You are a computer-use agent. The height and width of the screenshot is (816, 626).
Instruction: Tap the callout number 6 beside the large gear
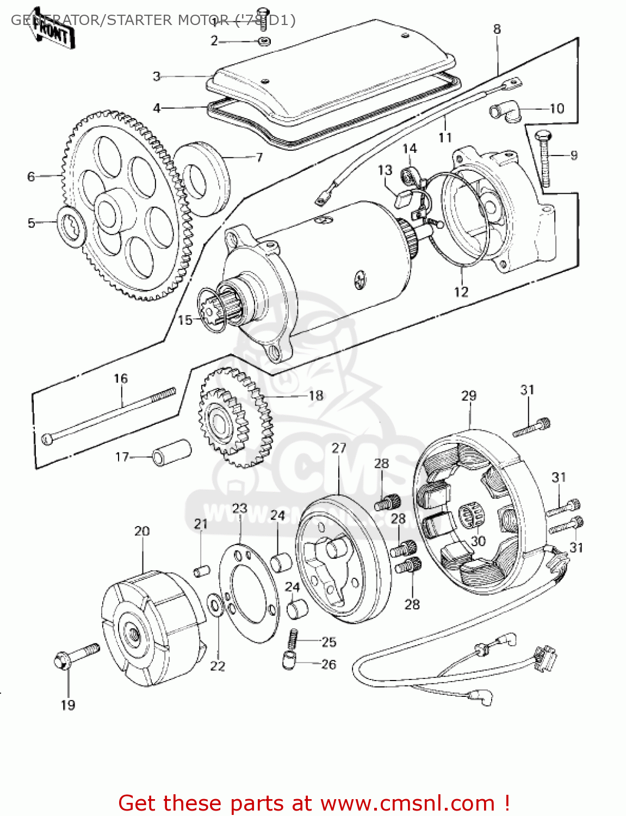(x=32, y=177)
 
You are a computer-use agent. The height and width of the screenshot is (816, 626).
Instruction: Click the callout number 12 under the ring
(x=461, y=292)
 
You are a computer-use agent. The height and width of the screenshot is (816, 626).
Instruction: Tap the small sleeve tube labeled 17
(x=171, y=453)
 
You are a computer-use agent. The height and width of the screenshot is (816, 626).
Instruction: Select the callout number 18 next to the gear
(x=316, y=396)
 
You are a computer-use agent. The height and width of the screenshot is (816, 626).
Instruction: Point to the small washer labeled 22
(x=215, y=604)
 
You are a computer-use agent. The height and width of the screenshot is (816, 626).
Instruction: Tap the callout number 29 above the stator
(x=469, y=396)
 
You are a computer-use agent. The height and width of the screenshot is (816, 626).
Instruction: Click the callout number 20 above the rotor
(x=142, y=531)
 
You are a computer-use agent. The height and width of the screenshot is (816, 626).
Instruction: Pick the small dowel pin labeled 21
(x=202, y=570)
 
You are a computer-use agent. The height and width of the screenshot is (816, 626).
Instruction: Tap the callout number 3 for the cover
(x=157, y=76)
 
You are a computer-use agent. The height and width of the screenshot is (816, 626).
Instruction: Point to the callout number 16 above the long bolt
(x=121, y=379)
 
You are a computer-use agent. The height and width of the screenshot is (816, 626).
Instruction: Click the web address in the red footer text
(x=407, y=803)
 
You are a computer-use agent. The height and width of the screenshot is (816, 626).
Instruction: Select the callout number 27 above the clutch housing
(x=339, y=448)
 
